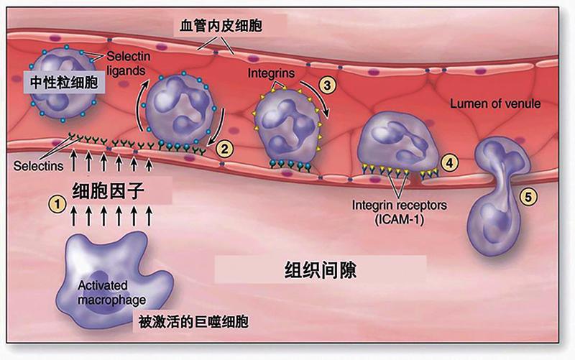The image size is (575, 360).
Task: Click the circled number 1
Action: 57,203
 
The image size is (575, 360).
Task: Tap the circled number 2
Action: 224,149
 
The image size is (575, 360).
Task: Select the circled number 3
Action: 327,85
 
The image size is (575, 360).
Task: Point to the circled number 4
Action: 450,163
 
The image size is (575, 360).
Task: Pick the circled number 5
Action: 528,197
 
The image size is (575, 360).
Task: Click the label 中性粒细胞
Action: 64,83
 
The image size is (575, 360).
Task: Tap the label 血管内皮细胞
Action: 221,26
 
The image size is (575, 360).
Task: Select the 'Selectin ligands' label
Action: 128,63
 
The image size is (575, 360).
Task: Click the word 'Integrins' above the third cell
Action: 271,73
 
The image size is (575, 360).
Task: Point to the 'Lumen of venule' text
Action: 495,103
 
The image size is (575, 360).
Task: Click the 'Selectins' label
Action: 38,166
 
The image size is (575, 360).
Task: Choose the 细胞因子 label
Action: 109,190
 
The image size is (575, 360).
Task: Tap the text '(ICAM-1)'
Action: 399,220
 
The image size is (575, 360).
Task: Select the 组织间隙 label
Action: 321,270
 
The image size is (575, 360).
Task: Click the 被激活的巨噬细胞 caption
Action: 193,321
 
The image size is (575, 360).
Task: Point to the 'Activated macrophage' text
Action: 111,292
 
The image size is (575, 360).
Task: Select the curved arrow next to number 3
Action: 316,96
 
